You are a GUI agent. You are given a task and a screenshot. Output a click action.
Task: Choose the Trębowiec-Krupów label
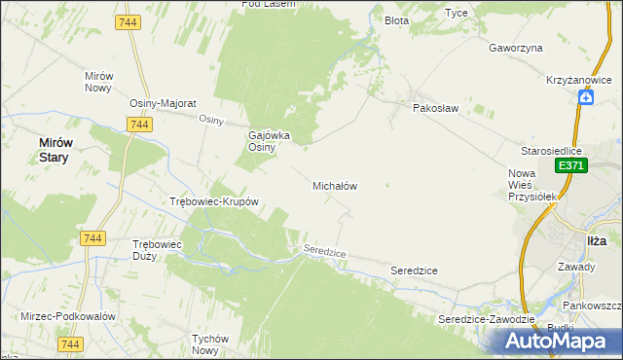tap(214, 202)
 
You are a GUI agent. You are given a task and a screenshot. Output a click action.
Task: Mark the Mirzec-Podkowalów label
tap(68, 316)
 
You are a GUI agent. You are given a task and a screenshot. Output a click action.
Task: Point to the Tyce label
tap(457, 13)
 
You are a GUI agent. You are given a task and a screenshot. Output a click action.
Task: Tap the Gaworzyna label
tap(516, 47)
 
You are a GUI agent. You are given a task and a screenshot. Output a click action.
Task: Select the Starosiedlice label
tap(551, 152)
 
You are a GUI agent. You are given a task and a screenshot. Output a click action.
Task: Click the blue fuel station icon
tap(586, 96)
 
